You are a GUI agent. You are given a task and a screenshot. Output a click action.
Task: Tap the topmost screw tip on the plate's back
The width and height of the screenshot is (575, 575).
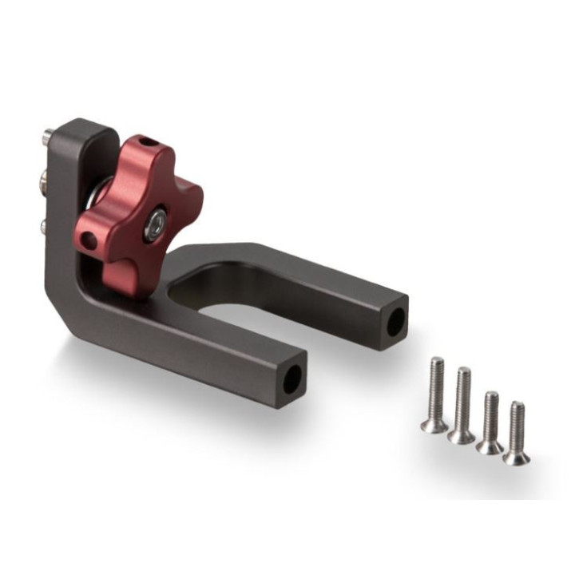[49, 137]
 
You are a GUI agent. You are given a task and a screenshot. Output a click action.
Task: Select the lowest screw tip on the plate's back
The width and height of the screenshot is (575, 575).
[45, 227]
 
